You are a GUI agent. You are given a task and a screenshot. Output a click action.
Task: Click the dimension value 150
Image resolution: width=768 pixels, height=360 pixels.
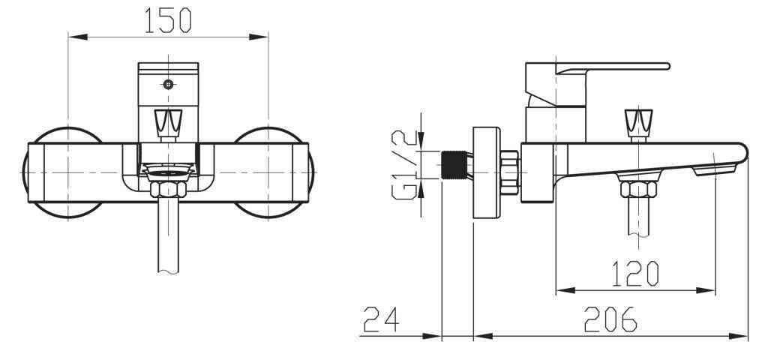click(168, 20)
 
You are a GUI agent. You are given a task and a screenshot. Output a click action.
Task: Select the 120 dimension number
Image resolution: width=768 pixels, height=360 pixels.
click(635, 274)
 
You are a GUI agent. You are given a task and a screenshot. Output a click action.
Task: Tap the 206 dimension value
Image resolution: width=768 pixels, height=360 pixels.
click(611, 320)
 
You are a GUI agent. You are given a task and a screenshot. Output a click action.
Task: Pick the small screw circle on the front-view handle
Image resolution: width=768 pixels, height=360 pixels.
click(169, 84)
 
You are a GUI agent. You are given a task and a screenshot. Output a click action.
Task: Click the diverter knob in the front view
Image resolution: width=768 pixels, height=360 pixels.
click(168, 122)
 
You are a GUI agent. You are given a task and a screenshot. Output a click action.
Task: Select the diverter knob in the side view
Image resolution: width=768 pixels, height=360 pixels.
click(638, 122)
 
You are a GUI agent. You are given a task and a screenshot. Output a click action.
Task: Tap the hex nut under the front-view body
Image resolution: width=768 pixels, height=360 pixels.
click(168, 187)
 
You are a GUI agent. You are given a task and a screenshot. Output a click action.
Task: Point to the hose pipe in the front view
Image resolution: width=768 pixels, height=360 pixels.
click(168, 236)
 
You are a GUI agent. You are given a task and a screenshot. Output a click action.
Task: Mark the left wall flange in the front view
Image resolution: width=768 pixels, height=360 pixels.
click(60, 172)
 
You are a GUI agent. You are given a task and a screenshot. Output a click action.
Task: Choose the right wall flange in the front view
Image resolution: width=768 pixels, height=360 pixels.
click(274, 172)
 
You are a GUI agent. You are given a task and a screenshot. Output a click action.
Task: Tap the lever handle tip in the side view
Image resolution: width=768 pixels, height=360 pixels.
click(664, 66)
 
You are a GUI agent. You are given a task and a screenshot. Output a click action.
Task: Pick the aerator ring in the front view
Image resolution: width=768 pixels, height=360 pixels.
click(168, 172)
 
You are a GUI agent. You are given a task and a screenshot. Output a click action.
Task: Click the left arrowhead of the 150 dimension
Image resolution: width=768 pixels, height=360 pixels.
click(73, 35)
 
